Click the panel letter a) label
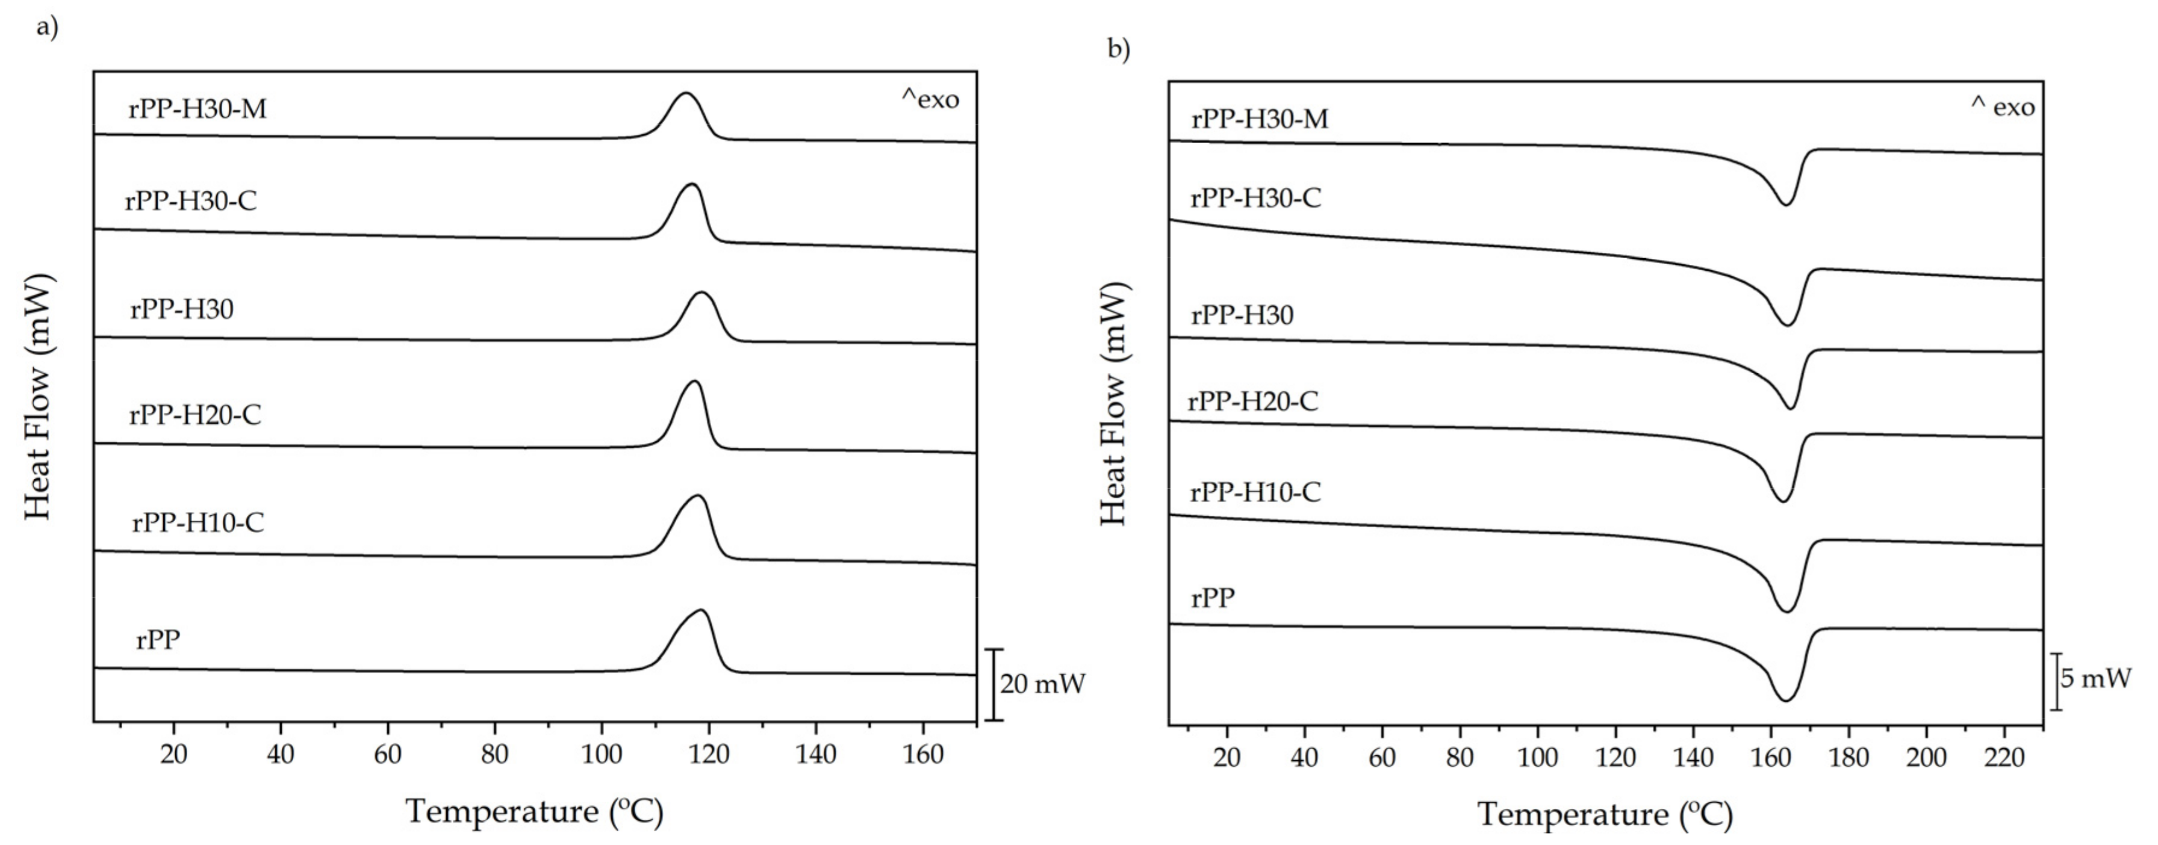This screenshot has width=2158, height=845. click(47, 27)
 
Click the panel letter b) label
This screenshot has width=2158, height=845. click(1118, 49)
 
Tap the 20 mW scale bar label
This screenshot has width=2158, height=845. click(1042, 684)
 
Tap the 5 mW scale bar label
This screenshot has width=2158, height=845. click(2095, 678)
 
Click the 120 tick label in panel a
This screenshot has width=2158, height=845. click(709, 755)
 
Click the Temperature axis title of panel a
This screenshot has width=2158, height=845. click(535, 811)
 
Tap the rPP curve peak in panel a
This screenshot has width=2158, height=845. click(701, 610)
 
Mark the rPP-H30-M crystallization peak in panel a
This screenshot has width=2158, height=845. click(686, 94)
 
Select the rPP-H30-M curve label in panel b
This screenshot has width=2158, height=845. click(1259, 120)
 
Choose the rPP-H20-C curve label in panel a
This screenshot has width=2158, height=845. click(194, 415)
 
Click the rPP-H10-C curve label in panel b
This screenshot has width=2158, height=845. click(1255, 492)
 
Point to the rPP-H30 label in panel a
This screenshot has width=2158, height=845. click(182, 310)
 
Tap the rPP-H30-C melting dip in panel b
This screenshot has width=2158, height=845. click(1788, 325)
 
